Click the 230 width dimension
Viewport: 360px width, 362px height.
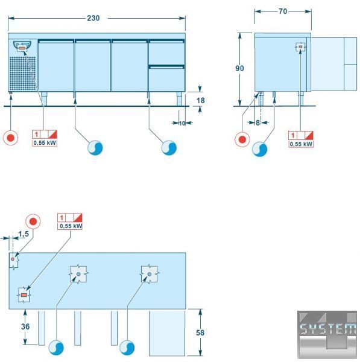click(93, 18)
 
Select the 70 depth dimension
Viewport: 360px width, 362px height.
click(283, 11)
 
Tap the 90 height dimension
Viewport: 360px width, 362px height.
click(239, 68)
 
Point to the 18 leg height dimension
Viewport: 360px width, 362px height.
click(201, 100)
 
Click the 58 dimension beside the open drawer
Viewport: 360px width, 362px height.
click(200, 332)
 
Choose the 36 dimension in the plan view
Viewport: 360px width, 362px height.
click(25, 326)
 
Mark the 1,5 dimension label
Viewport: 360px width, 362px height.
click(24, 234)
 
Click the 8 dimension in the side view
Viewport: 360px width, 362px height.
click(257, 123)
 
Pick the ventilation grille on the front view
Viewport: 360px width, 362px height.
click(23, 73)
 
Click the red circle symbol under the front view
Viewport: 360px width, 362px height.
click(11, 138)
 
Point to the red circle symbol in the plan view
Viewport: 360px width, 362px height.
click(33, 221)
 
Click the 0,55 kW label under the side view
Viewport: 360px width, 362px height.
click(301, 144)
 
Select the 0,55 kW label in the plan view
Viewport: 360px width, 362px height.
click(71, 226)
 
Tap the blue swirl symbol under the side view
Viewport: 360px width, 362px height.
click(260, 149)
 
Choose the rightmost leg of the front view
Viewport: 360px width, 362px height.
click(180, 99)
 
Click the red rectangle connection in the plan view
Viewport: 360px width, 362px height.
click(24, 295)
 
